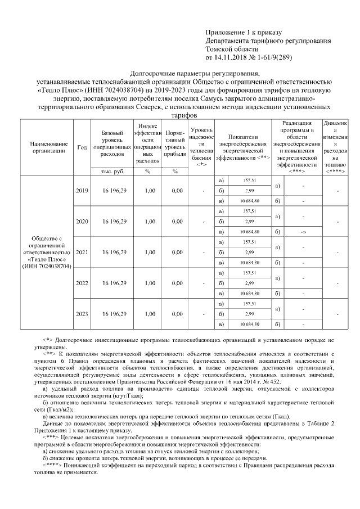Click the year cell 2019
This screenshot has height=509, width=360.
[82, 191]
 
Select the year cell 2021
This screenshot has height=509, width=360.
[82, 252]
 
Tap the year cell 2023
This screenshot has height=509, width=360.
[82, 313]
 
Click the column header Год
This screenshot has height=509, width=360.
[82, 147]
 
